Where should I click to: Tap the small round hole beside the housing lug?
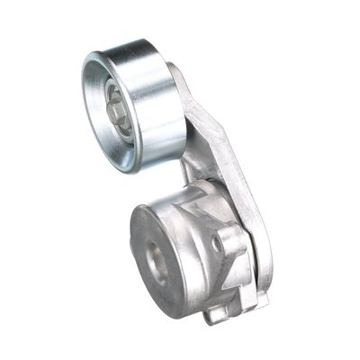pos(218,242)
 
